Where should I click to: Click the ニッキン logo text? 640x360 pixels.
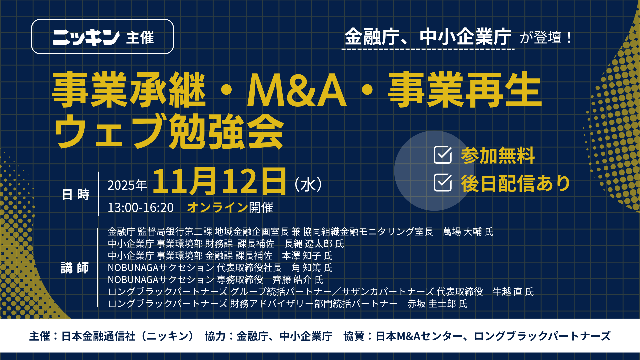click(86, 37)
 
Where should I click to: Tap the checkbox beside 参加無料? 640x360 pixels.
click(443, 155)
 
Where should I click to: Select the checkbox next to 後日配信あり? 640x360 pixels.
click(443, 183)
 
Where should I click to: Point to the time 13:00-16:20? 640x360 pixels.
click(140, 208)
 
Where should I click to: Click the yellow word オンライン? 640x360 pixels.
click(217, 207)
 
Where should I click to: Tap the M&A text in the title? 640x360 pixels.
click(297, 90)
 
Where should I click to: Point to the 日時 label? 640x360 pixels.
click(76, 194)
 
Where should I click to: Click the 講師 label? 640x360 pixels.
click(75, 268)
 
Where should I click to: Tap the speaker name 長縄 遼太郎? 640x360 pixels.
click(308, 244)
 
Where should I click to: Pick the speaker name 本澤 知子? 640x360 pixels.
click(302, 256)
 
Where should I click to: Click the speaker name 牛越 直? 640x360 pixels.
click(507, 292)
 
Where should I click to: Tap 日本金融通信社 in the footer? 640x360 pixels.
click(98, 336)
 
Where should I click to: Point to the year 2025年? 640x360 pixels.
click(127, 185)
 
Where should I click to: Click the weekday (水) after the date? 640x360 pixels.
click(308, 184)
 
